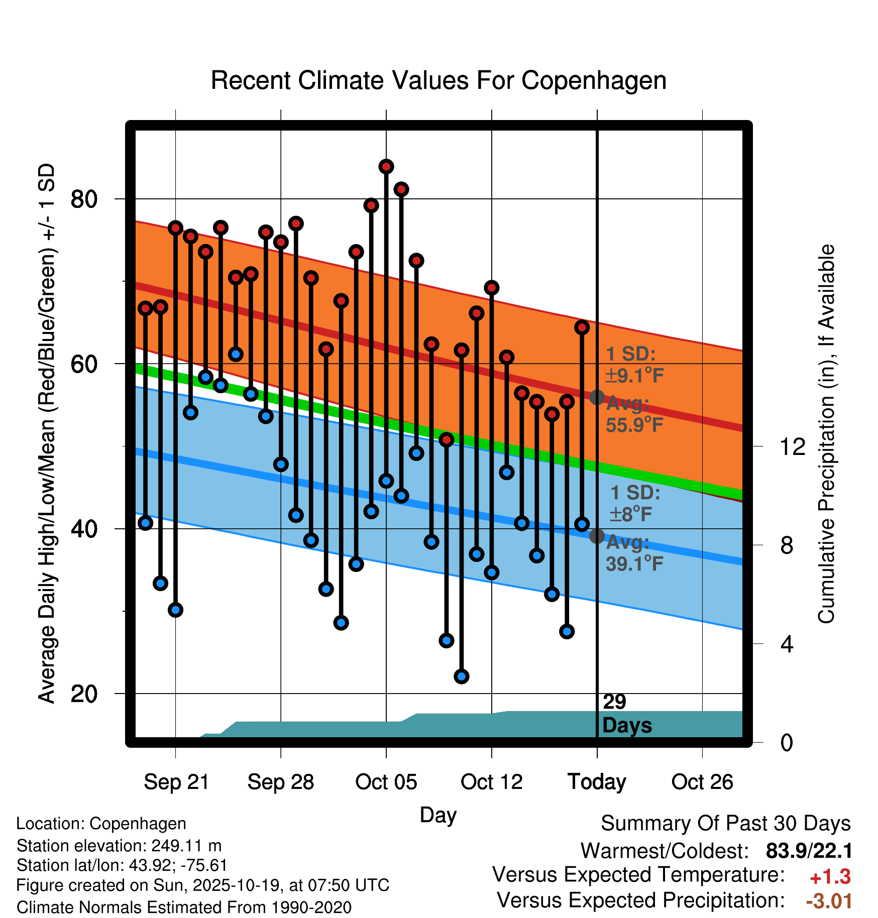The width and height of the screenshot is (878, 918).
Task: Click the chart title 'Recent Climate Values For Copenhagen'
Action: tap(438, 80)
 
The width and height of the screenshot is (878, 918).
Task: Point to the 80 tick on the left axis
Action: tap(83, 199)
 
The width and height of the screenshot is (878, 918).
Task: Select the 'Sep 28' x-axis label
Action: tap(280, 782)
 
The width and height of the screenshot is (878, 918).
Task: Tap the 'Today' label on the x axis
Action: tap(597, 782)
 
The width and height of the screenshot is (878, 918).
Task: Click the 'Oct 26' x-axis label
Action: tap(702, 782)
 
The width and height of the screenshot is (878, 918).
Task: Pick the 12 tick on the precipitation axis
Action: tap(792, 446)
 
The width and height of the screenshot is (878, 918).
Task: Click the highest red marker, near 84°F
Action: tap(386, 167)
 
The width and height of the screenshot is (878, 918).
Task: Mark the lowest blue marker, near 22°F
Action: tap(462, 676)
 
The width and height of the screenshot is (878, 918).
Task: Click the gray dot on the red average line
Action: tap(597, 398)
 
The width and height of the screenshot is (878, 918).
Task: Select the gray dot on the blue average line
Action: tap(597, 536)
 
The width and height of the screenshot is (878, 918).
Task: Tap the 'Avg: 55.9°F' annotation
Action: tap(634, 414)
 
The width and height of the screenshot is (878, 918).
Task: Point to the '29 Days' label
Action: tap(626, 714)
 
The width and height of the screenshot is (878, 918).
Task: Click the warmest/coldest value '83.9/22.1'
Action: tap(809, 851)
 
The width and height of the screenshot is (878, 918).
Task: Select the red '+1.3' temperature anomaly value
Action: tap(830, 877)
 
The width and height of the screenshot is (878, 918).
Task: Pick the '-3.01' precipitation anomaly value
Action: tap(829, 901)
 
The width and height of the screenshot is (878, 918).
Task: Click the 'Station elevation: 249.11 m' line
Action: tap(119, 846)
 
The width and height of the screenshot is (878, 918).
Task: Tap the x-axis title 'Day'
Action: tap(438, 815)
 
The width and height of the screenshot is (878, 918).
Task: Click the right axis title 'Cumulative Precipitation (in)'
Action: tap(826, 434)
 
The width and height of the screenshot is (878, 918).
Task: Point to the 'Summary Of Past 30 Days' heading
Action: tap(725, 824)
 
